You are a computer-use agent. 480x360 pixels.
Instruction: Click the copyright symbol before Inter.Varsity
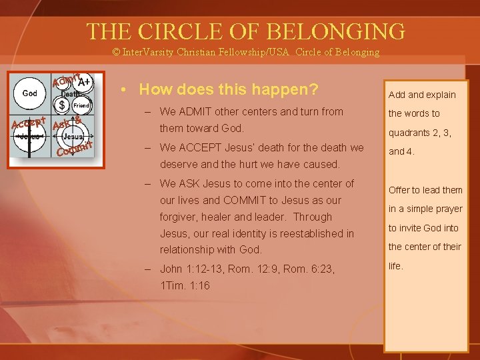click(x=116, y=52)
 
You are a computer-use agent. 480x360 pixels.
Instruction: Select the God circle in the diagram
click(x=30, y=93)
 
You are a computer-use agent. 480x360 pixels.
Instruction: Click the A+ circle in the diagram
click(x=84, y=83)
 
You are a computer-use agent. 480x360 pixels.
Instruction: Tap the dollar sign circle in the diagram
click(x=62, y=105)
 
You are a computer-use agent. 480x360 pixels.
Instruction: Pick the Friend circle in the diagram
click(x=81, y=105)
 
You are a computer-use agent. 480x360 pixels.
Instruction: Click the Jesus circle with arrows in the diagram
click(x=74, y=136)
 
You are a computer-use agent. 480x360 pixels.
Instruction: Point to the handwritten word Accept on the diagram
click(x=28, y=123)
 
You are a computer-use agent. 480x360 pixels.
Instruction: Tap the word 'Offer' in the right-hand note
click(x=400, y=190)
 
